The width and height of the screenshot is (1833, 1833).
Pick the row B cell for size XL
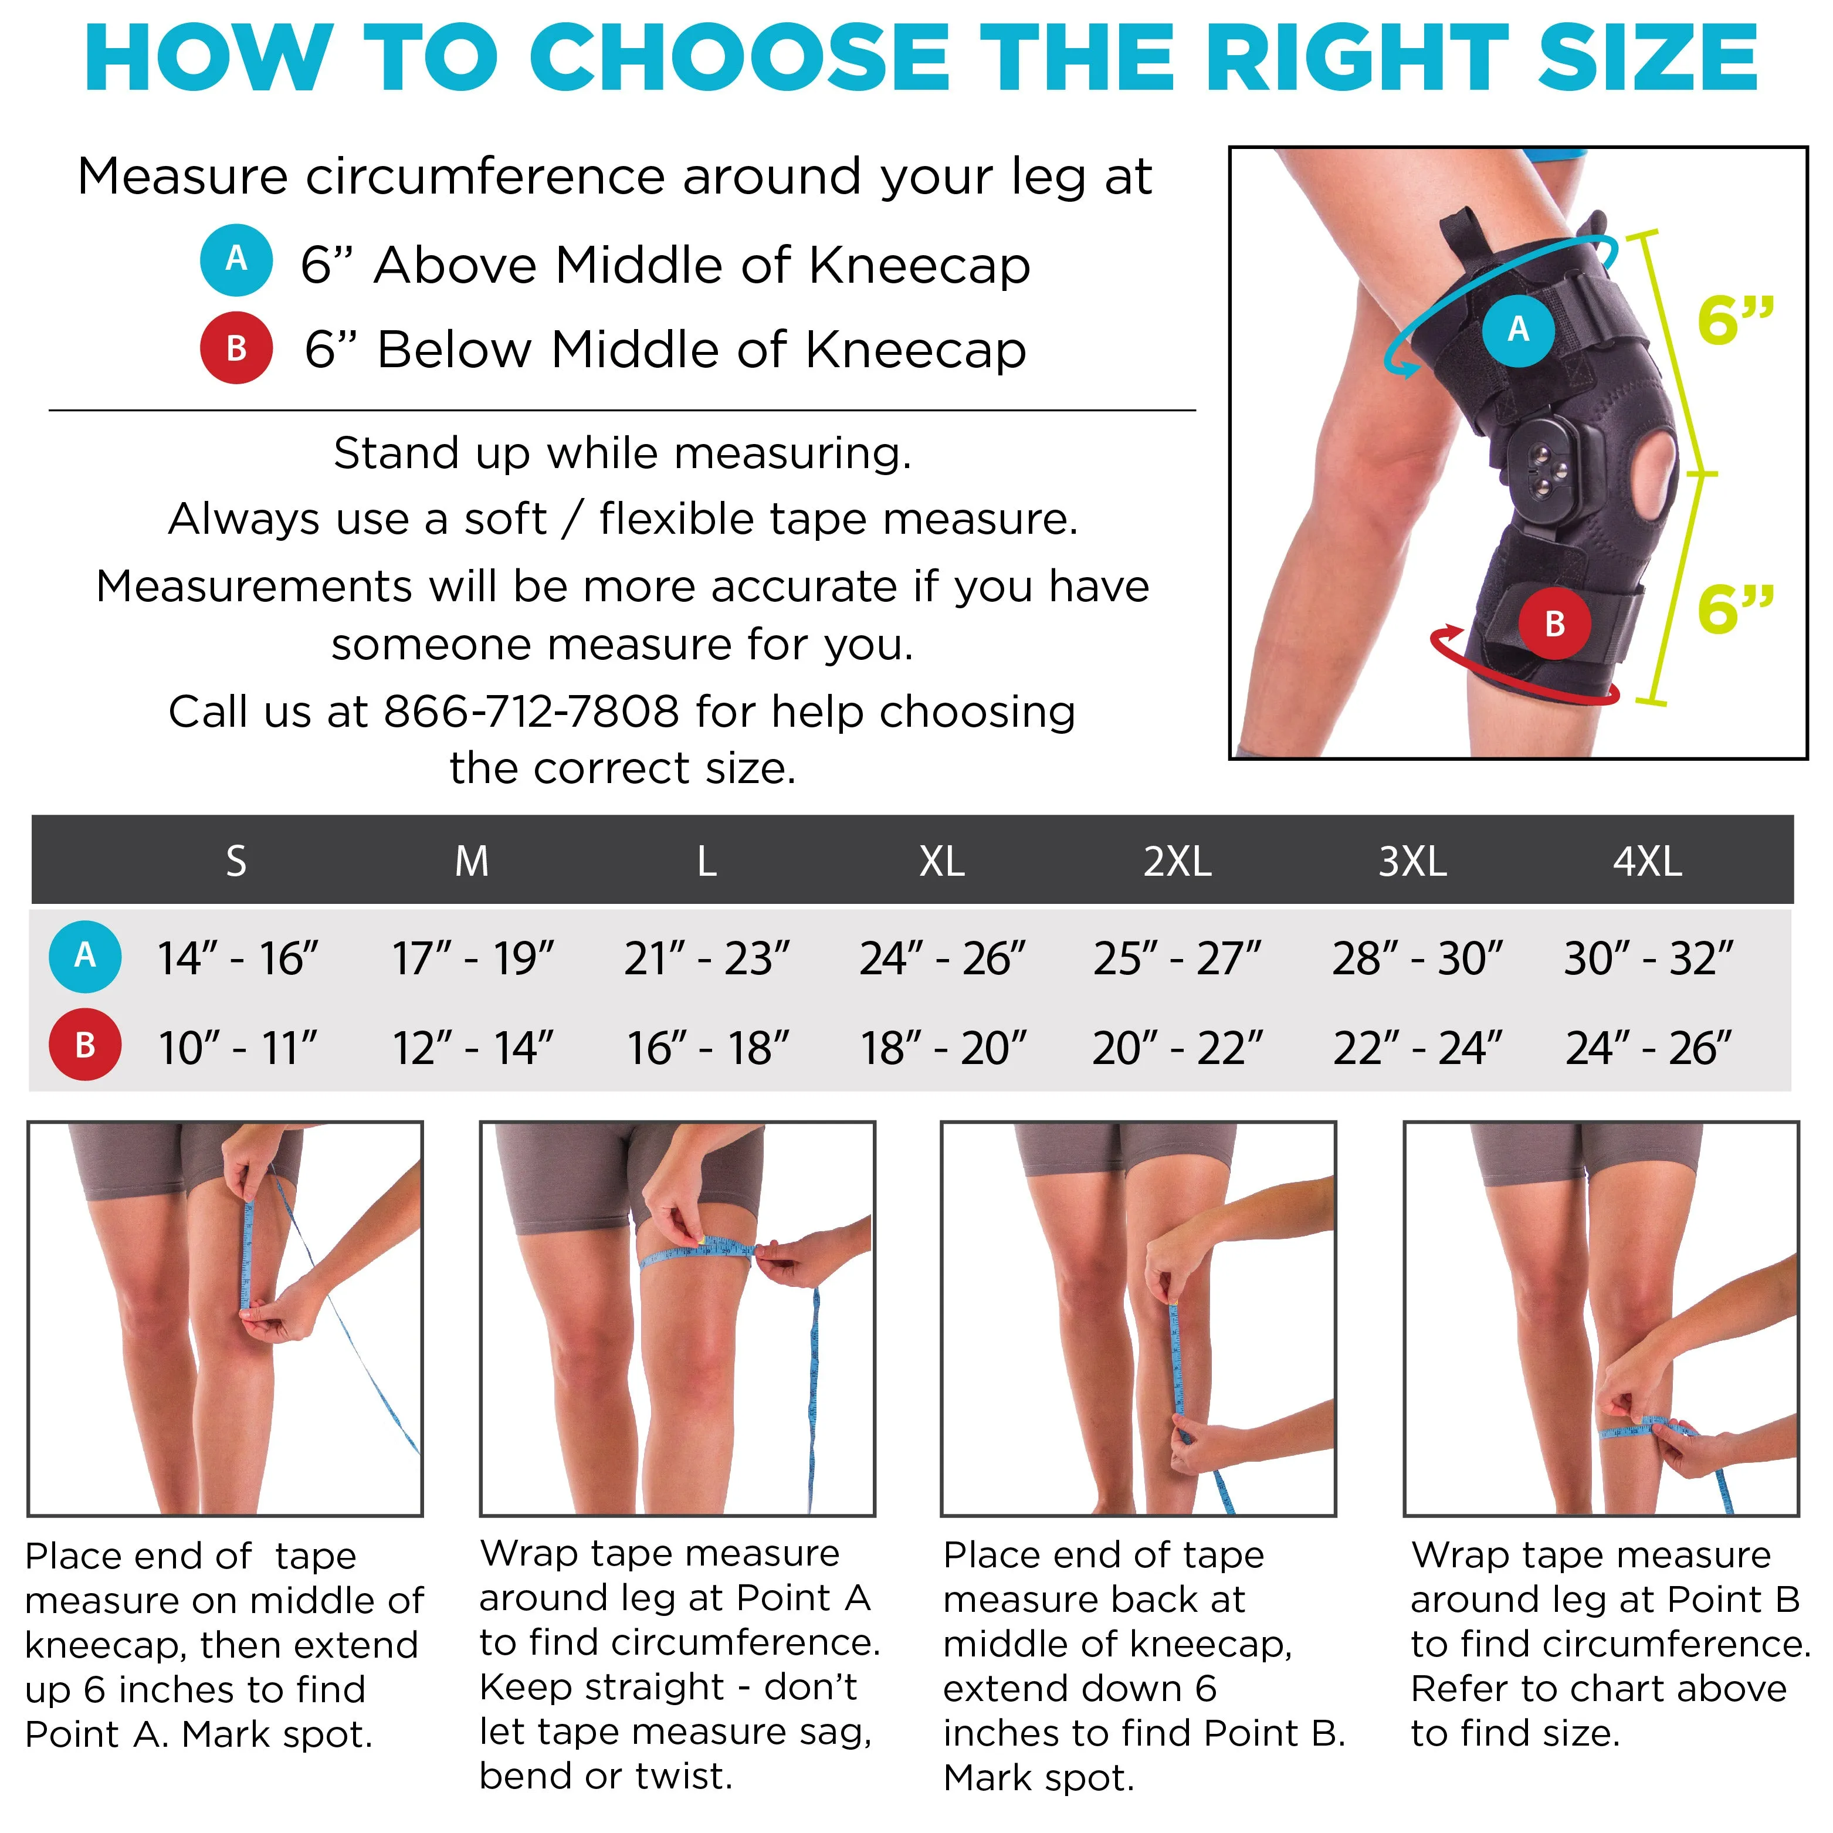pyautogui.click(x=943, y=1048)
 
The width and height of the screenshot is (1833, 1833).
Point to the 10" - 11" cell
pyautogui.click(x=237, y=1048)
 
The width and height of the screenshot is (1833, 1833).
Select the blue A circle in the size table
pyautogui.click(x=84, y=956)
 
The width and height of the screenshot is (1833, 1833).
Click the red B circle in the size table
pyautogui.click(x=84, y=1045)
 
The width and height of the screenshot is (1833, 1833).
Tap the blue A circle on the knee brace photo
pyautogui.click(x=1518, y=329)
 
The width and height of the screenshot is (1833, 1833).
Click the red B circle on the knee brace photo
pyautogui.click(x=1554, y=624)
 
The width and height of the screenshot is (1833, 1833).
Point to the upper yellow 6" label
pyautogui.click(x=1735, y=320)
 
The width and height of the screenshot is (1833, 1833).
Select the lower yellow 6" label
pyautogui.click(x=1735, y=608)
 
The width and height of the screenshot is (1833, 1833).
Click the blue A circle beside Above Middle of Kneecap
pyautogui.click(x=236, y=260)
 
